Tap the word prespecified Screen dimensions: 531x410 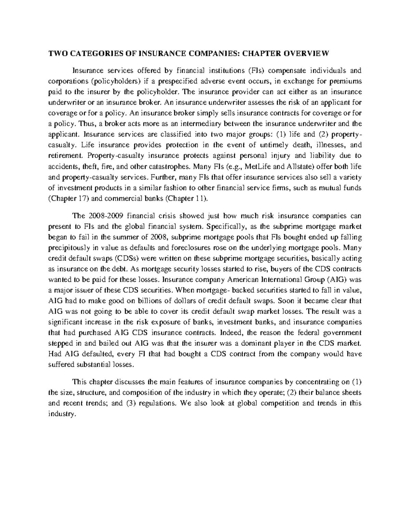[x=179, y=81]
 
